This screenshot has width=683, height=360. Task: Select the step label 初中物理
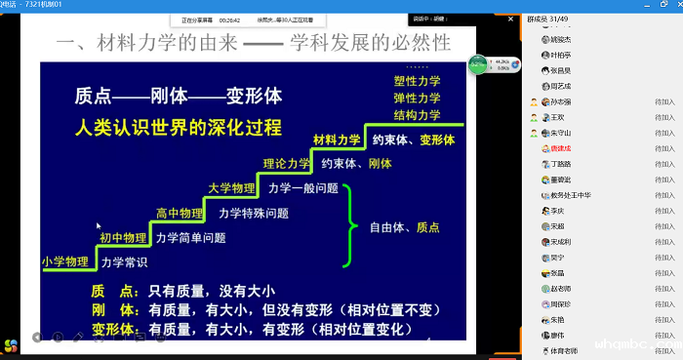tap(122, 237)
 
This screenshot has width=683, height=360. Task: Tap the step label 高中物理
tap(180, 213)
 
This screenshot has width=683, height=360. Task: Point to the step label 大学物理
tap(233, 187)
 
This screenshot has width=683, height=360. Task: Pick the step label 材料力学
tap(338, 140)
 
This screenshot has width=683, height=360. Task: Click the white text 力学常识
tap(124, 261)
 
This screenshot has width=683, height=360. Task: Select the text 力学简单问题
tap(190, 237)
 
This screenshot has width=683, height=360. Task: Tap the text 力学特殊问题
tap(253, 213)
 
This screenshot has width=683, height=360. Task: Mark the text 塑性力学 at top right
tap(417, 81)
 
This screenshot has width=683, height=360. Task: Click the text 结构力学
tap(417, 115)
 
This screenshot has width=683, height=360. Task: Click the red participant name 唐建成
tap(564, 148)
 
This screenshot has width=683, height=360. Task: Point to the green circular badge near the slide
tap(477, 65)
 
